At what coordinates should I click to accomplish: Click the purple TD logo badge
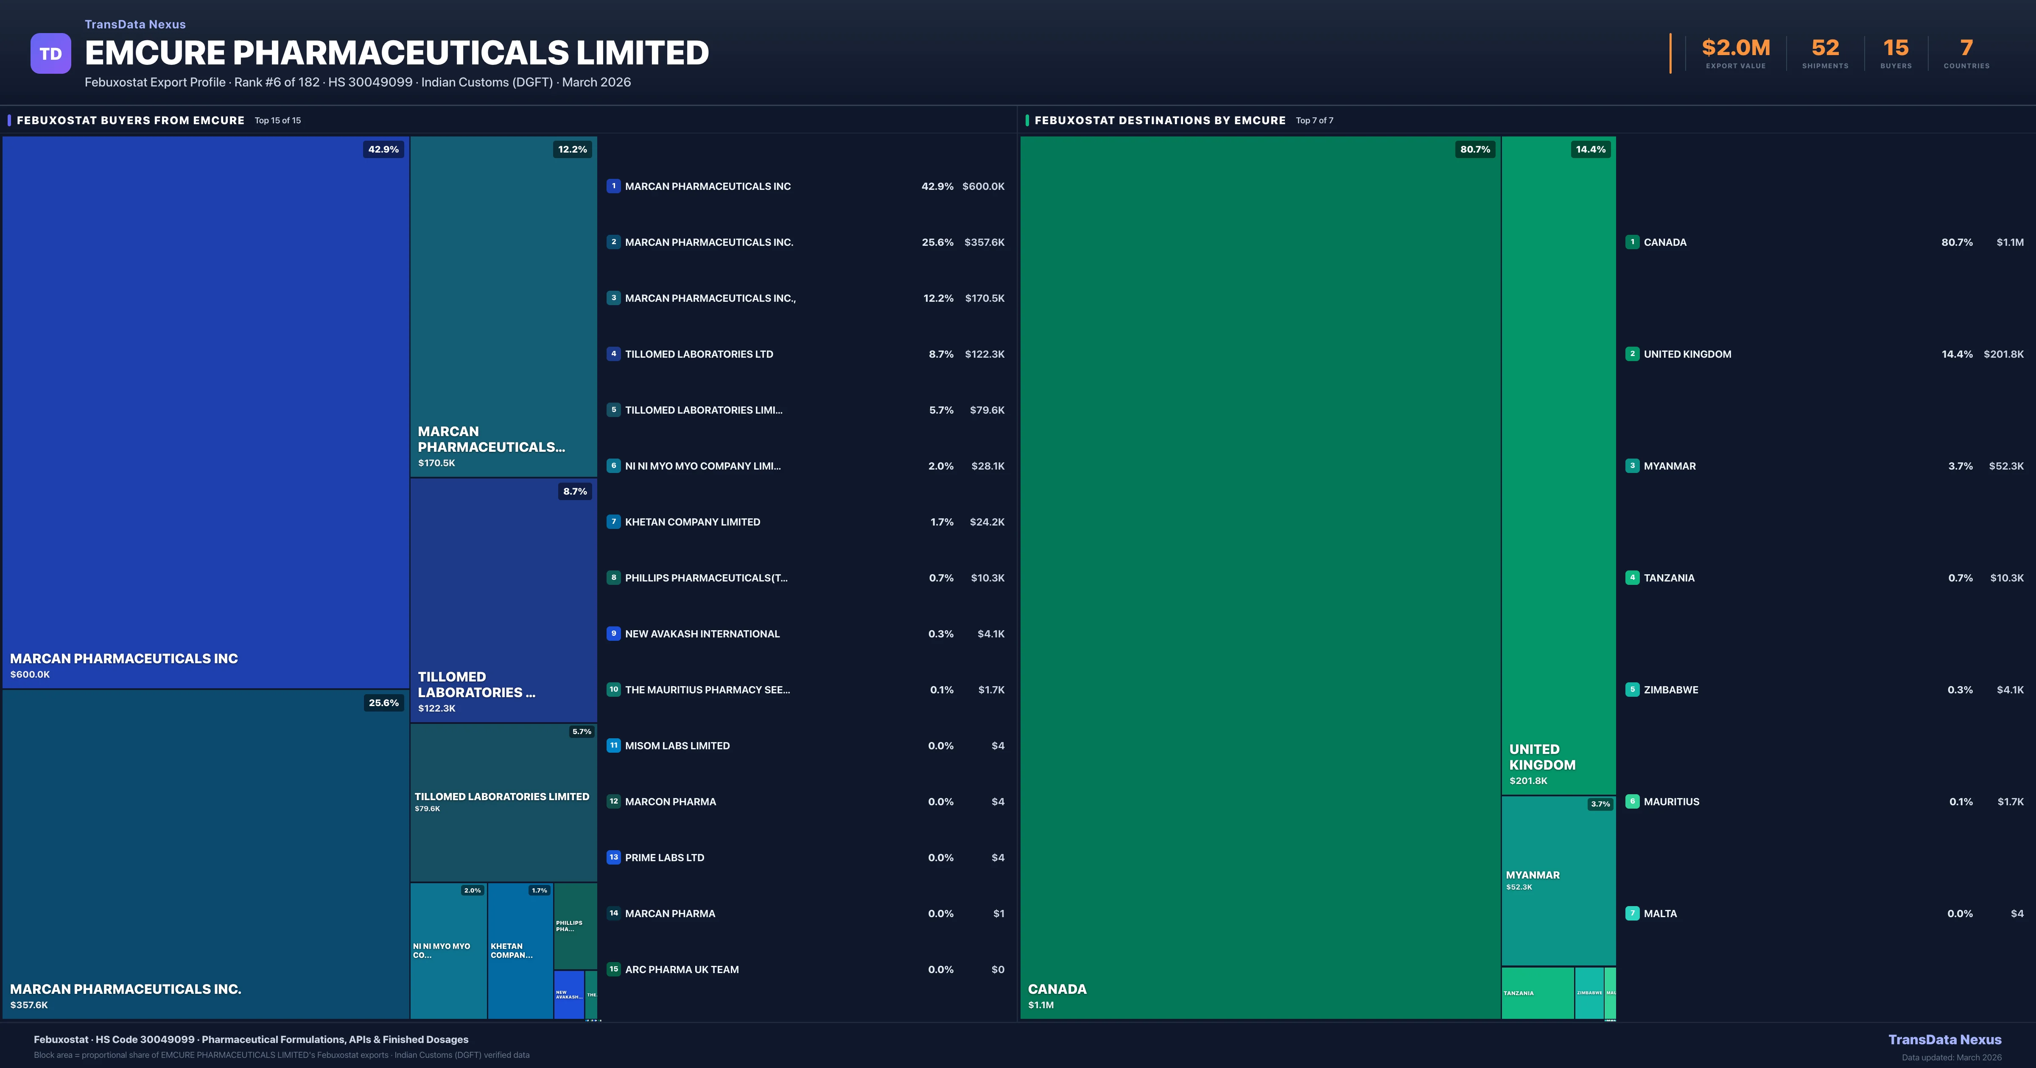[x=50, y=54]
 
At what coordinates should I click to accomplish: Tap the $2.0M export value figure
[x=1736, y=48]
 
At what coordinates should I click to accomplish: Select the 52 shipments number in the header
[x=1825, y=48]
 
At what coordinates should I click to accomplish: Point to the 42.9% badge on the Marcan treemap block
[x=383, y=149]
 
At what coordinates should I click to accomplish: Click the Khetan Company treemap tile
[x=520, y=950]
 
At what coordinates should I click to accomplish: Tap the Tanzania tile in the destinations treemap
[x=1536, y=993]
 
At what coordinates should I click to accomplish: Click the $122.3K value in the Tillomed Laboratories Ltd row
[x=984, y=354]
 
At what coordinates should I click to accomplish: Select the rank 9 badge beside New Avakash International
[x=613, y=634]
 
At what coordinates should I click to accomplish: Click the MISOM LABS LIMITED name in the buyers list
[x=677, y=746]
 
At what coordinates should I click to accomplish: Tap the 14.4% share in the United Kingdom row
[x=1957, y=354]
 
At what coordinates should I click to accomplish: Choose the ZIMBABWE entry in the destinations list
[x=1671, y=690]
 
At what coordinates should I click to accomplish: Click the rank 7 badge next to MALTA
[x=1632, y=913]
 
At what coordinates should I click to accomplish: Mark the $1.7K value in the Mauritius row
[x=2010, y=802]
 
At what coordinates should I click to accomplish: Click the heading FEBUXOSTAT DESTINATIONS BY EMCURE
[x=1160, y=120]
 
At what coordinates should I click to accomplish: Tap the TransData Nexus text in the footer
[x=1944, y=1040]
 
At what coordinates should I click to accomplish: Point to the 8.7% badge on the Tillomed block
[x=575, y=491]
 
